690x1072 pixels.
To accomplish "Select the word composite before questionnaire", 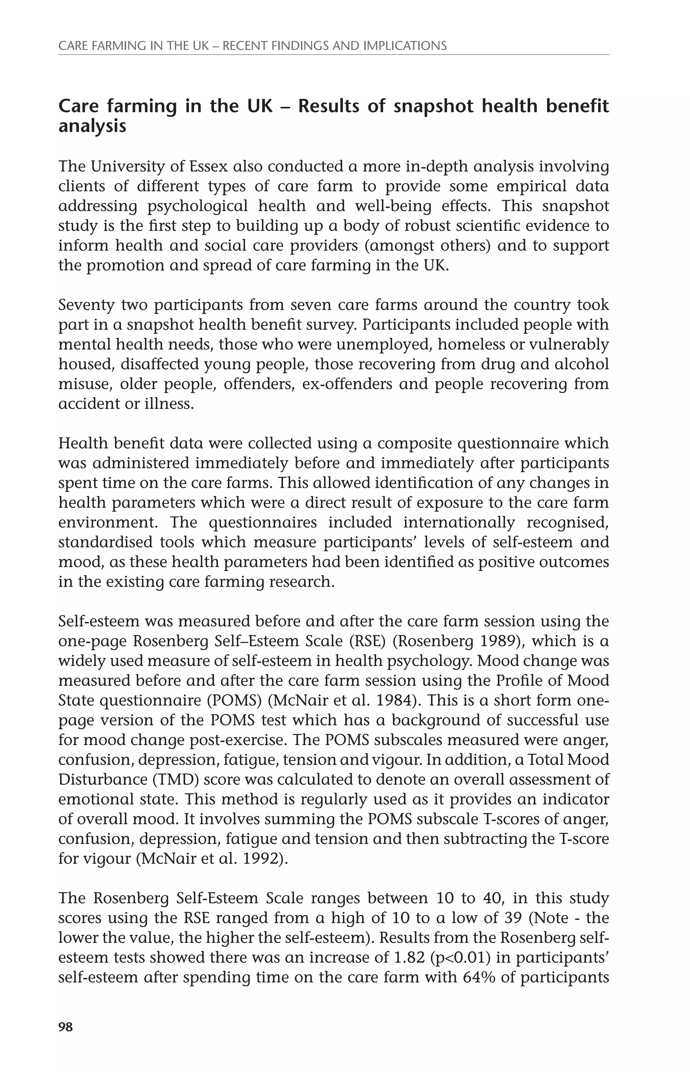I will tap(415, 443).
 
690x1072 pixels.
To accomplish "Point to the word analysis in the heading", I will tap(92, 126).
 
